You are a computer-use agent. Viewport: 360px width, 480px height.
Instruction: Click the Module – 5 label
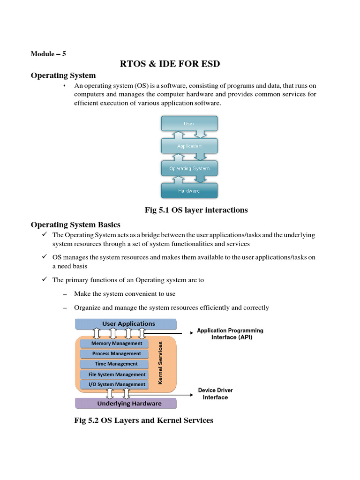(x=48, y=53)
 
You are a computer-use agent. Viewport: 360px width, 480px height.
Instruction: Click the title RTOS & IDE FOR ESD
(x=170, y=64)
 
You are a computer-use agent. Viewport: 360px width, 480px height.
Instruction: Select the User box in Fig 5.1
(x=189, y=124)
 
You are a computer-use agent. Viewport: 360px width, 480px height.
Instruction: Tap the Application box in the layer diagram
(x=189, y=146)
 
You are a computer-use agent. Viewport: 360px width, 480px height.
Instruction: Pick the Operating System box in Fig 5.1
(x=189, y=168)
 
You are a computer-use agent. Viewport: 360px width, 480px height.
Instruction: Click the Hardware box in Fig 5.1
(x=189, y=191)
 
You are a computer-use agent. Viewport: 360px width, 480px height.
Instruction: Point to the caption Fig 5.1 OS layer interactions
(x=196, y=210)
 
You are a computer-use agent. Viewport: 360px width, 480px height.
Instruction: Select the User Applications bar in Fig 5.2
(x=126, y=323)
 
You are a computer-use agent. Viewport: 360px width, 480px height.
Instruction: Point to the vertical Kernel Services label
(x=160, y=362)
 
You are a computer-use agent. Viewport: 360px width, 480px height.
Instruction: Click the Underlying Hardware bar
(x=126, y=403)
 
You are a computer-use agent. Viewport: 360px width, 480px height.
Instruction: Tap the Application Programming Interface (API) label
(x=230, y=334)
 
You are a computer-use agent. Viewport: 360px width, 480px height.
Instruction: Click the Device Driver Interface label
(x=215, y=394)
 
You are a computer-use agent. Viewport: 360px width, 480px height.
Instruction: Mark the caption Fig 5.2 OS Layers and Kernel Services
(x=143, y=420)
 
